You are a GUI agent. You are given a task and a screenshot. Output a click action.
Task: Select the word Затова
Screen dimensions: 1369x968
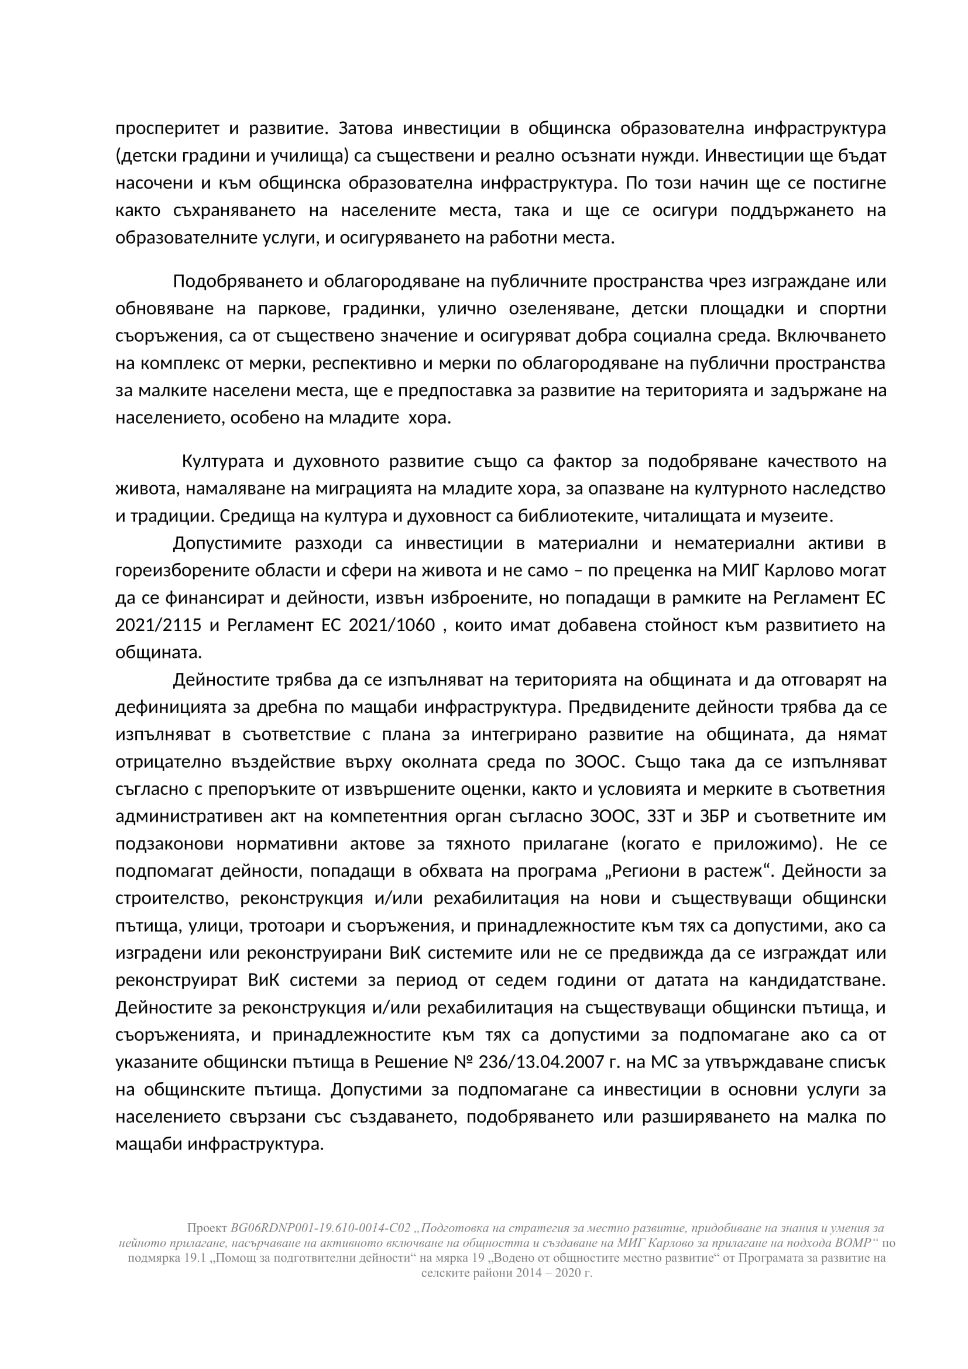click(364, 128)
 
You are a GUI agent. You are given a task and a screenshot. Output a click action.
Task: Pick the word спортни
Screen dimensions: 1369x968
click(853, 309)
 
